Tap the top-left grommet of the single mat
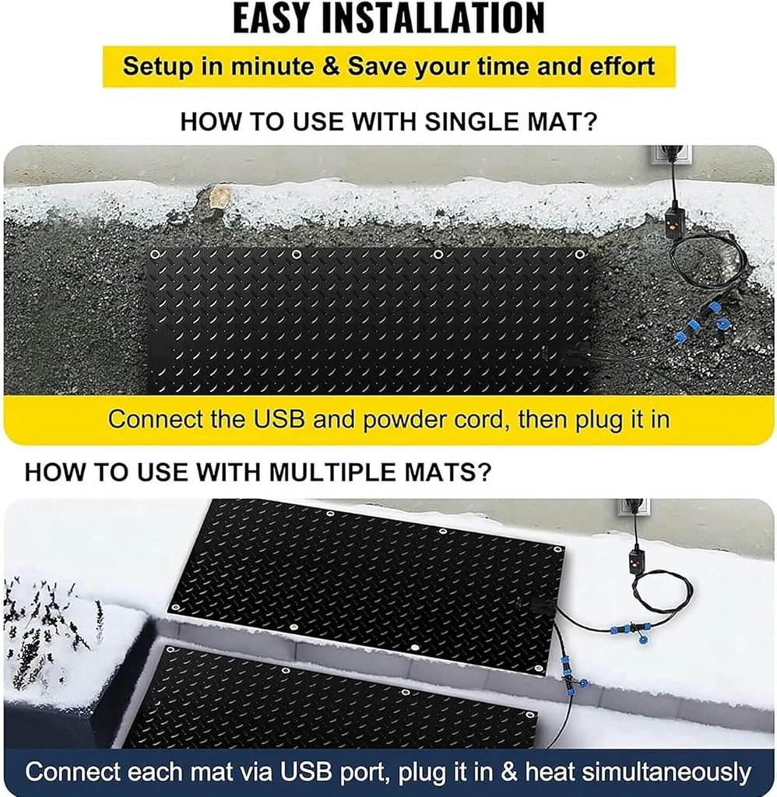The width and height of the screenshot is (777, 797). (155, 255)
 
